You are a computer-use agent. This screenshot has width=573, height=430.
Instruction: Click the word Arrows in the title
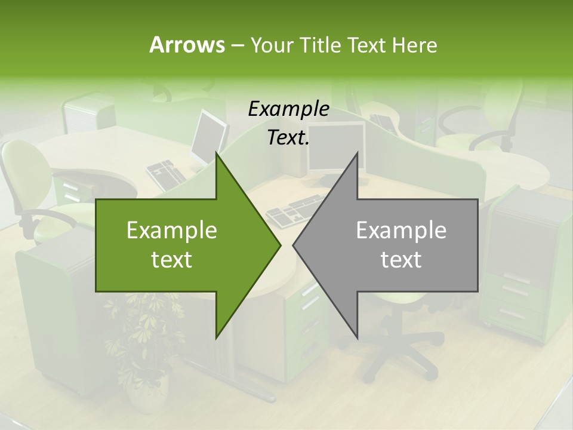187,45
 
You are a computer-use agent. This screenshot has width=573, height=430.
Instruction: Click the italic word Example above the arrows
288,109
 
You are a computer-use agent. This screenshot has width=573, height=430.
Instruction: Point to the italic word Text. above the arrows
288,138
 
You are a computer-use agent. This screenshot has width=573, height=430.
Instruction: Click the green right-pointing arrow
179,245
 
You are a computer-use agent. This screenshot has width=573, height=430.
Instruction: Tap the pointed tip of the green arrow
278,245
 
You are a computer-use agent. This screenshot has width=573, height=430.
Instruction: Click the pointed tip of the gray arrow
295,245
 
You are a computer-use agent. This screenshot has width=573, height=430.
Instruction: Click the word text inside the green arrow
171,259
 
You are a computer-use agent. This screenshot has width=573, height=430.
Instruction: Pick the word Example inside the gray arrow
401,231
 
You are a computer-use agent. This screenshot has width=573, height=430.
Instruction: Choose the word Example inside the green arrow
171,231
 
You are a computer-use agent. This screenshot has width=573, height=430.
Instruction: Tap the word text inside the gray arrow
401,259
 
